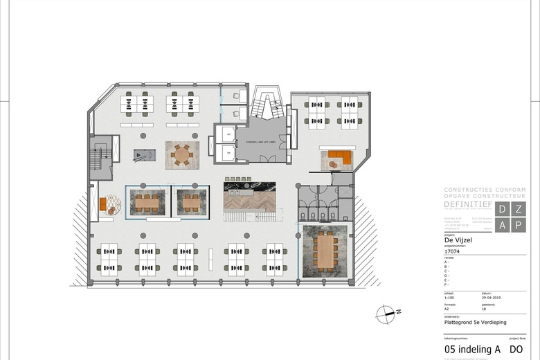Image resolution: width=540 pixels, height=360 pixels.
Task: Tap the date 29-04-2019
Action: [491, 298]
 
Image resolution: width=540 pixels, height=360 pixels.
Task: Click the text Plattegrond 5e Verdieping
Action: [476, 321]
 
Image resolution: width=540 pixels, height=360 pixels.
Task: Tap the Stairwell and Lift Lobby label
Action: [259, 142]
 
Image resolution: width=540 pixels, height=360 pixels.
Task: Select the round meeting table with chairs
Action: [182, 154]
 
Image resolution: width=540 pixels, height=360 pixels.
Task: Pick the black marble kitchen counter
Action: [249, 186]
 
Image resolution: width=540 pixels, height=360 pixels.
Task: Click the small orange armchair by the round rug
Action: [103, 204]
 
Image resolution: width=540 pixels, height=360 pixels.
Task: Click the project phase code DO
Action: [516, 350]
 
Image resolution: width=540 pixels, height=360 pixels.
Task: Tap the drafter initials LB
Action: [484, 309]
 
